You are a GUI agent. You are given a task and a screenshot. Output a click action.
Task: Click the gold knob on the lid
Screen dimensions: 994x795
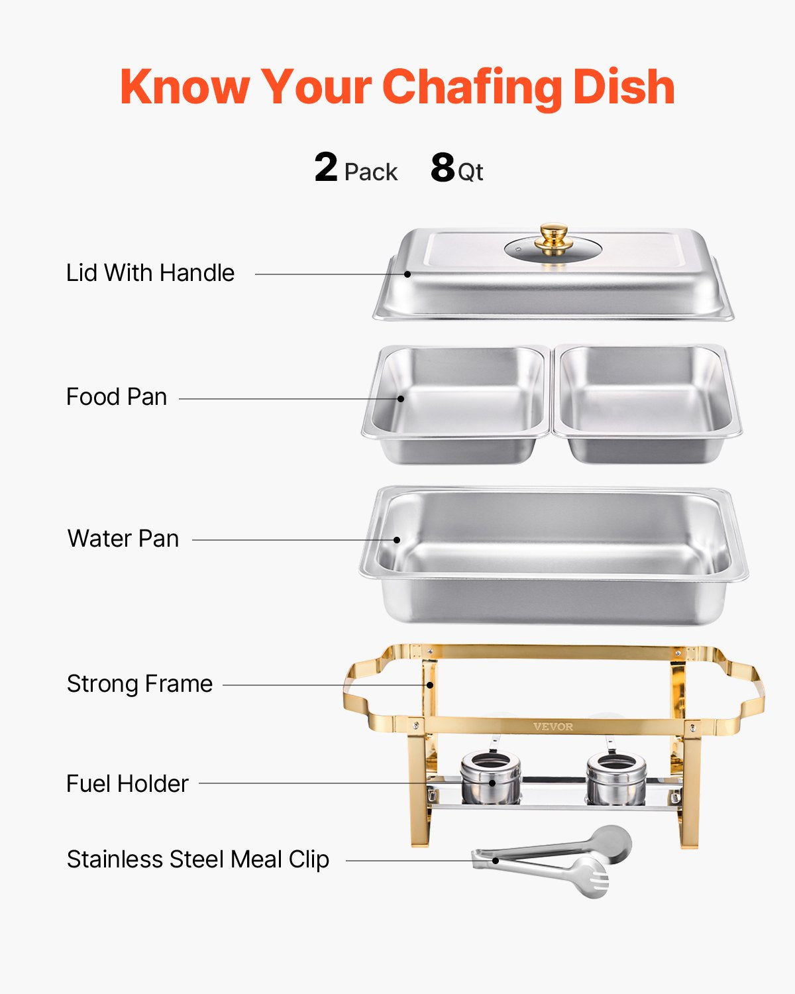(553, 237)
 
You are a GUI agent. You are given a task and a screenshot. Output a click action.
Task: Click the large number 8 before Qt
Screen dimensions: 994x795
(442, 168)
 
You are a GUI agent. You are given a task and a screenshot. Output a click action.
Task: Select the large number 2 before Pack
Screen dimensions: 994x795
(326, 168)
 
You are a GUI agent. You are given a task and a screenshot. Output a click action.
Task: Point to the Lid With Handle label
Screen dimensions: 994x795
(150, 273)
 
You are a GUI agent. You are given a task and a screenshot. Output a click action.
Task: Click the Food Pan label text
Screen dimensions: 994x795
(117, 397)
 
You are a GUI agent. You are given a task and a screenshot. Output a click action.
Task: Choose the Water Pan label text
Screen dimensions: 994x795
(123, 539)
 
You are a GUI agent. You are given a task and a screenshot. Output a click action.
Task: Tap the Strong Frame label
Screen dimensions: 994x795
(140, 684)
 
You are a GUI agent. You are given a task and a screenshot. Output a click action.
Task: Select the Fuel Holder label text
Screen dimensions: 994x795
(127, 784)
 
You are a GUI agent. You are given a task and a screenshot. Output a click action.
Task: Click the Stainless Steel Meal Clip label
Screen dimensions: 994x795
(198, 859)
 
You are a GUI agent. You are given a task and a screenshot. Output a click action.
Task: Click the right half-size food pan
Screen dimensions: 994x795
(647, 404)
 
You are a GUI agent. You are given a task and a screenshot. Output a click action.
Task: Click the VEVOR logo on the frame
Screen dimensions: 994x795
(553, 727)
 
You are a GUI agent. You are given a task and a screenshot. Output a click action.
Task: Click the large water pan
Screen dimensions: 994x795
(554, 557)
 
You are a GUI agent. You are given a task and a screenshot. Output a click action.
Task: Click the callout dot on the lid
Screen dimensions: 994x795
(408, 274)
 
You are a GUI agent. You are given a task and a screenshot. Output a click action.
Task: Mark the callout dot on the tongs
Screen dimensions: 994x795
(496, 861)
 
